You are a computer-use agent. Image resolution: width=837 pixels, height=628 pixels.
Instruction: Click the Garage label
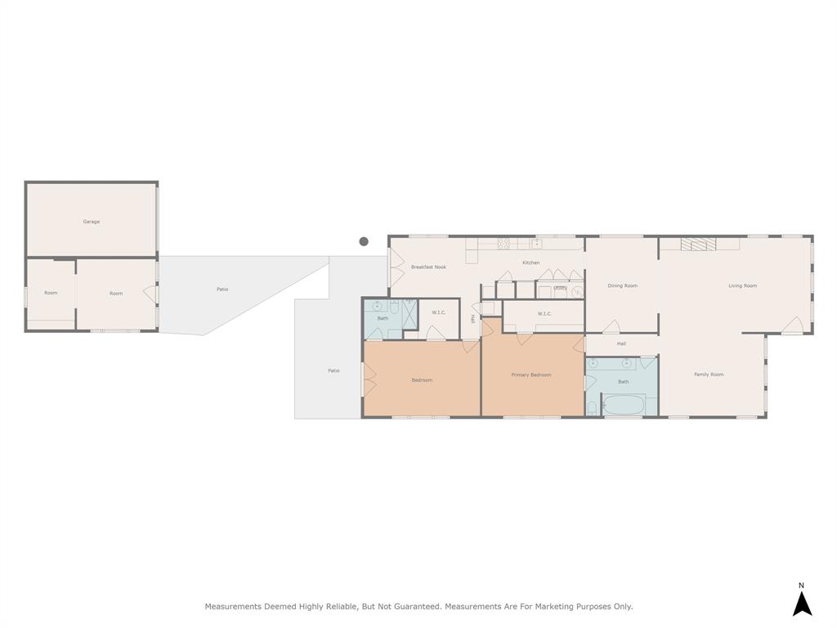pos(91,222)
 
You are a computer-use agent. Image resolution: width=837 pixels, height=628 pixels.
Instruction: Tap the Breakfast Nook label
pos(428,267)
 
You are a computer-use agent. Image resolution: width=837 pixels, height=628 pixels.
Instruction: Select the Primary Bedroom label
pos(531,375)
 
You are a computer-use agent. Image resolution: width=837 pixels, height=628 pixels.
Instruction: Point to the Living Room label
pos(742,286)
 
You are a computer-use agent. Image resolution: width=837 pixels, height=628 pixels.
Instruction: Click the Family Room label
pos(709,375)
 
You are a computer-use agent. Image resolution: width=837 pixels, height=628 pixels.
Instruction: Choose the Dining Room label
pos(622,286)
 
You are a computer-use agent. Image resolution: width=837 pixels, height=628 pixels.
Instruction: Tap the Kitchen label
pos(531,262)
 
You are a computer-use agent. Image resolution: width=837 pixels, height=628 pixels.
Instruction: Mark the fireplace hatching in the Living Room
pos(699,244)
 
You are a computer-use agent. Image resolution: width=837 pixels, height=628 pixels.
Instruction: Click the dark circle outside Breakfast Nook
pos(364,241)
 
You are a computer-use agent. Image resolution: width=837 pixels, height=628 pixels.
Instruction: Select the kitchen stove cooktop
pos(504,243)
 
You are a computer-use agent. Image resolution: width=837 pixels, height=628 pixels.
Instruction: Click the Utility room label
pos(561,288)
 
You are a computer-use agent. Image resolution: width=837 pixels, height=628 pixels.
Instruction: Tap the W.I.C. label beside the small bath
pos(438,312)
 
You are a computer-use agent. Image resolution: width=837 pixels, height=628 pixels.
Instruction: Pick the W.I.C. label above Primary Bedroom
pos(545,314)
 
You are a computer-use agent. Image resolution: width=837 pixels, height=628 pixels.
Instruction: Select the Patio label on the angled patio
pos(222,289)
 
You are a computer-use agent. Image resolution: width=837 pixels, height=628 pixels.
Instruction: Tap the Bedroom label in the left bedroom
pos(422,380)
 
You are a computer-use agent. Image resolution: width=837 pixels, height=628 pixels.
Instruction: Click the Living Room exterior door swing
pos(791,325)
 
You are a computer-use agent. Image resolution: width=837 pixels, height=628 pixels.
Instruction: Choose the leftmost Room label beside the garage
pos(51,293)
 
